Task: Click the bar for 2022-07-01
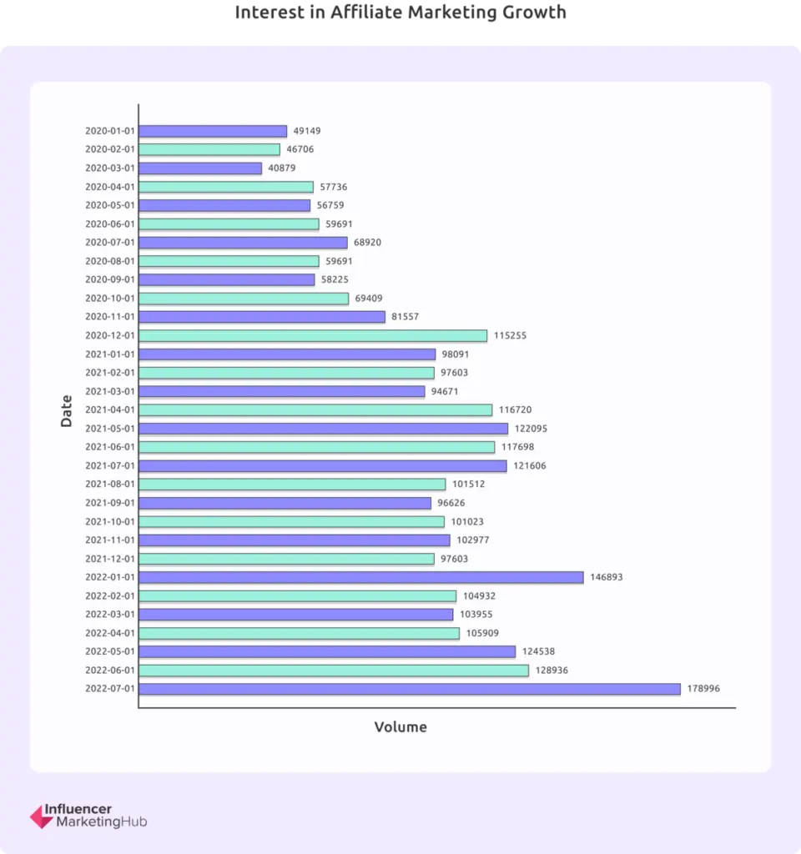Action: pos(409,689)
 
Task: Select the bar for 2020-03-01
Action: pos(200,168)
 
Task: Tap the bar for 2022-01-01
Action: pos(360,577)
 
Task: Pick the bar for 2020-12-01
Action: pos(313,335)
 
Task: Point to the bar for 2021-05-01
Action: pos(323,429)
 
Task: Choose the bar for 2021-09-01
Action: pos(285,503)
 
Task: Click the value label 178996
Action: pos(703,689)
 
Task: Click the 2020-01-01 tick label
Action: pos(110,131)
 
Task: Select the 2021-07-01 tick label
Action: pos(110,465)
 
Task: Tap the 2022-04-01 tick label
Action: pos(110,633)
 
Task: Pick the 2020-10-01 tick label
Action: pos(110,299)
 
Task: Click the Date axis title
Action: pos(67,410)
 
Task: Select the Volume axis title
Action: pos(400,727)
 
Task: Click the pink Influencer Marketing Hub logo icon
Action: pos(41,816)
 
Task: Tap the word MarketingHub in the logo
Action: pos(101,822)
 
